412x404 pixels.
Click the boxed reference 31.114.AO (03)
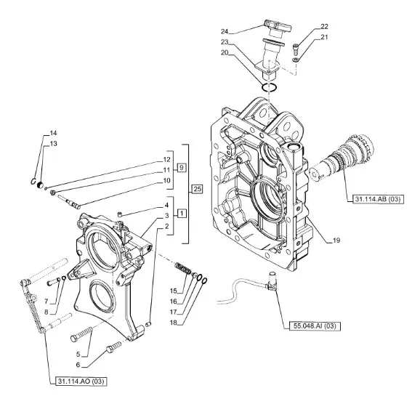pos(81,381)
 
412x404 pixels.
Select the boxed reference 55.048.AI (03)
pos(315,326)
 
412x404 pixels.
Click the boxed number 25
pos(198,189)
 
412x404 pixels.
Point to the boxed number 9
pos(182,167)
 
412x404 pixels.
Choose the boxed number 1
pos(182,214)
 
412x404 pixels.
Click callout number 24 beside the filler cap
pos(225,31)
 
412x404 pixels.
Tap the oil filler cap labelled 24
pos(278,28)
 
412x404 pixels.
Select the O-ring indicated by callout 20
pos(269,87)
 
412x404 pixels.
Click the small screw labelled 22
pos(295,48)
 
